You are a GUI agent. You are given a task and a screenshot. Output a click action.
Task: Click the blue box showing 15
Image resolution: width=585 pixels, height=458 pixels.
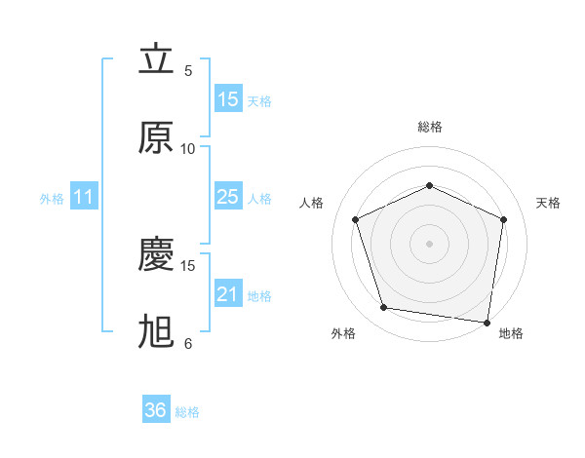[x=228, y=99]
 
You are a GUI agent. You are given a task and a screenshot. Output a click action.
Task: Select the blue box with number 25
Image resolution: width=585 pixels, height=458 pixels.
[x=228, y=197]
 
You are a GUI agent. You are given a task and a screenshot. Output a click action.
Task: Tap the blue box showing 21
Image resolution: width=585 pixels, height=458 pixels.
[x=228, y=294]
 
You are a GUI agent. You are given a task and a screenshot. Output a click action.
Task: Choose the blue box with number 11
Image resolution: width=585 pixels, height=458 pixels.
[x=83, y=198]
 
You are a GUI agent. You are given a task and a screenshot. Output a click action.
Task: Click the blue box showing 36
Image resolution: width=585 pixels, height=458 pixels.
[x=156, y=410]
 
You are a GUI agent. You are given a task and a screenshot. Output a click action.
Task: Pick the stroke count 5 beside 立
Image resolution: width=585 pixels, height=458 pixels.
[x=188, y=71]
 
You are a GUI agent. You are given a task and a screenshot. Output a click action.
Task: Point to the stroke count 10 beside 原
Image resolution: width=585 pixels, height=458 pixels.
[x=188, y=149]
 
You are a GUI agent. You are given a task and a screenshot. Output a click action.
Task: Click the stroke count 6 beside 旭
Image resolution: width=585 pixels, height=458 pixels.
[x=188, y=344]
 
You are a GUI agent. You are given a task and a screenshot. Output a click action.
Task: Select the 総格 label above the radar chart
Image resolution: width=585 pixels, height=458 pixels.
[x=429, y=127]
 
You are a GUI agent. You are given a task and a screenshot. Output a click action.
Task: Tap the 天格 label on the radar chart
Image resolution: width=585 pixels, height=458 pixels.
[x=548, y=203]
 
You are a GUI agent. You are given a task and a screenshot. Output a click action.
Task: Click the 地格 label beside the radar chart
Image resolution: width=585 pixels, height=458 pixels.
[x=511, y=333]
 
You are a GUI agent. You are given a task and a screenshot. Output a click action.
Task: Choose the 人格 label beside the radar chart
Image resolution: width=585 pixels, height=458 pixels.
[x=312, y=203]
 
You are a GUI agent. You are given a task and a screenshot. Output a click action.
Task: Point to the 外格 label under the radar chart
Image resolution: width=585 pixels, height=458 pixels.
[x=343, y=333]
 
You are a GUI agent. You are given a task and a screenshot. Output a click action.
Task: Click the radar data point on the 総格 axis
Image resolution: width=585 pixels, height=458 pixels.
[x=429, y=184]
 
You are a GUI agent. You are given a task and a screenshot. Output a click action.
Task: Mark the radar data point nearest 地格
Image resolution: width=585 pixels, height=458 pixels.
[x=487, y=322]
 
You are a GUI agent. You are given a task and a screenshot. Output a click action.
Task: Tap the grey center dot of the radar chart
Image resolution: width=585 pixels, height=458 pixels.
[x=429, y=243]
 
